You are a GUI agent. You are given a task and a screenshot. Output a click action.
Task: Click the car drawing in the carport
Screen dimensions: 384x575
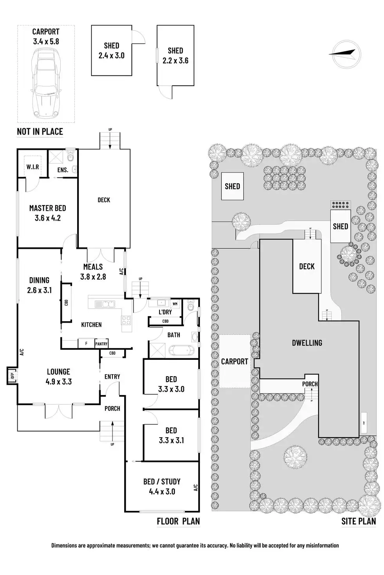tap(46, 86)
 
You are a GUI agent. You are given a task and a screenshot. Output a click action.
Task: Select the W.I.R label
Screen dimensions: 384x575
tap(33, 167)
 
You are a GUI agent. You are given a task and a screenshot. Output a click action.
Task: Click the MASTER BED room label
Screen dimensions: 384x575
tap(47, 208)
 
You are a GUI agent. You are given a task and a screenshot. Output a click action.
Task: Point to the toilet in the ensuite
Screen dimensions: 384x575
tap(70, 156)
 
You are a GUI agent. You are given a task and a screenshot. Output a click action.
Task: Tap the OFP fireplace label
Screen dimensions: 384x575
tap(12, 376)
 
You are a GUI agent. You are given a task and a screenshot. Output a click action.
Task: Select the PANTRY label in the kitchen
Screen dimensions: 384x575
tap(101, 344)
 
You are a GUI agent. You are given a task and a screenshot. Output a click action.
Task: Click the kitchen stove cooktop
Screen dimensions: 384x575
tap(127, 320)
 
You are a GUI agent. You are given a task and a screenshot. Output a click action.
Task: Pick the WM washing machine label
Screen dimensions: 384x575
tap(175, 304)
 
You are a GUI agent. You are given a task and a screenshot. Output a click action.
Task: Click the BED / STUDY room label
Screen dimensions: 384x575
tap(162, 482)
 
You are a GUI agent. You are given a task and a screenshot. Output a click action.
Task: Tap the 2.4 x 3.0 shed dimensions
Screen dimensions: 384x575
tap(111, 56)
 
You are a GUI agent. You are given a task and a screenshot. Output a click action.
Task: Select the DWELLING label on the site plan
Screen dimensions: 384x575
tap(307, 343)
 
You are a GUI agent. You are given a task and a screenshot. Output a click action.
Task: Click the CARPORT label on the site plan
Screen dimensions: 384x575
tap(235, 361)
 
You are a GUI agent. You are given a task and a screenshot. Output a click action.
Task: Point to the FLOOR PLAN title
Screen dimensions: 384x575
tap(178, 521)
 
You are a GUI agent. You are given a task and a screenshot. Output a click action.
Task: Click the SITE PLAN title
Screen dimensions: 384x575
tap(359, 521)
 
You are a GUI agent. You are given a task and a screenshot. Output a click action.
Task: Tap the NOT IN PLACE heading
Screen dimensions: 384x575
tap(40, 131)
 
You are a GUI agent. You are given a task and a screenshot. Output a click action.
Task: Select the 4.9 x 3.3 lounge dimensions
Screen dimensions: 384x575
tap(58, 382)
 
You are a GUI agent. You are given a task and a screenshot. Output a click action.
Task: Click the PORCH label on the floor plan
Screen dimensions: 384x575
tap(112, 408)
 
